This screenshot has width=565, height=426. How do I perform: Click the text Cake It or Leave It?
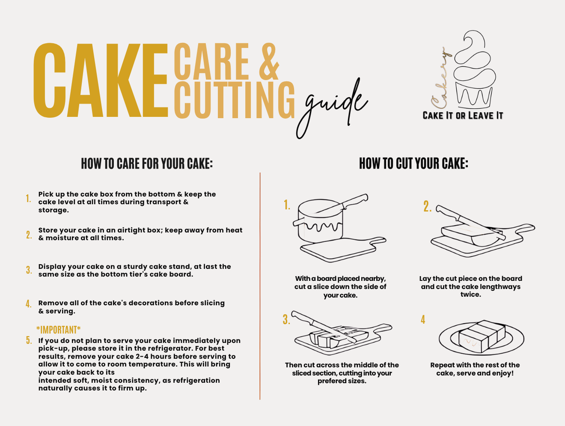pyautogui.click(x=463, y=116)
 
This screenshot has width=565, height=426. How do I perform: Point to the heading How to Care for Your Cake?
pyautogui.click(x=147, y=164)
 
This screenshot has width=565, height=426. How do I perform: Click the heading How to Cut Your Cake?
pyautogui.click(x=413, y=164)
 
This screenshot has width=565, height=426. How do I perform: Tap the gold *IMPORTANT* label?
pyautogui.click(x=58, y=330)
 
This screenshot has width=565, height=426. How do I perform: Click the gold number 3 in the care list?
pyautogui.click(x=29, y=270)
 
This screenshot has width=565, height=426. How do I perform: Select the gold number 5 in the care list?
pyautogui.click(x=29, y=340)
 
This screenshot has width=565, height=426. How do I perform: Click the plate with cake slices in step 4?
pyautogui.click(x=482, y=338)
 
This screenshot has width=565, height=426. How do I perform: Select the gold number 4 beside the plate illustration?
pyautogui.click(x=423, y=320)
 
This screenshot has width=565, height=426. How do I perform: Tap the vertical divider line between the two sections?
pyautogui.click(x=260, y=287)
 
